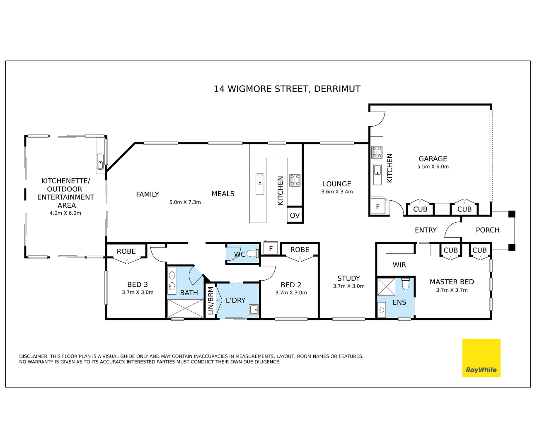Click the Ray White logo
click(x=481, y=358)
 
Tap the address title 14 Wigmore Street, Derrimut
click(x=287, y=89)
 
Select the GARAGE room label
click(x=433, y=159)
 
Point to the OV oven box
click(x=295, y=215)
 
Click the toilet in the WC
click(x=252, y=254)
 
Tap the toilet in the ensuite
click(x=406, y=284)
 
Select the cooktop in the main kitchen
click(x=295, y=180)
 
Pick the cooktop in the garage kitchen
click(x=377, y=152)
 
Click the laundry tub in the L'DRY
click(x=254, y=310)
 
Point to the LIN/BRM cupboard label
click(x=210, y=300)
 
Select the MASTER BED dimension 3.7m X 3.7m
click(x=452, y=290)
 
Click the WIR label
click(x=399, y=265)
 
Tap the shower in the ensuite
click(x=386, y=286)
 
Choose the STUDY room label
click(x=348, y=279)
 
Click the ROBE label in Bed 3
click(x=126, y=251)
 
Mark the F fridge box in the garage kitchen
click(x=377, y=206)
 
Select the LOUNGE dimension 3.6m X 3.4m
click(x=337, y=192)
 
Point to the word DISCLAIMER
click(x=34, y=356)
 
